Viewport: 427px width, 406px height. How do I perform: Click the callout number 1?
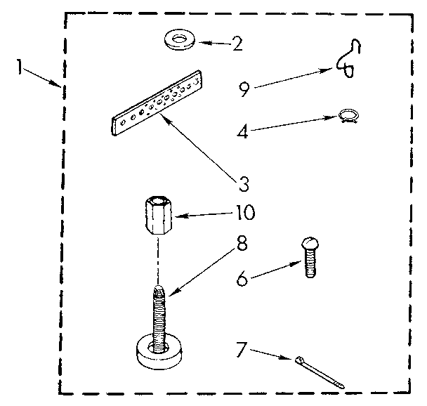pos(20,67)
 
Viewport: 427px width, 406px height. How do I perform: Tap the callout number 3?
pos(244,184)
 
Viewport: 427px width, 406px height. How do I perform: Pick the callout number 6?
pos(243,280)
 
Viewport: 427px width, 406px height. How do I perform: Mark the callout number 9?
pos(243,89)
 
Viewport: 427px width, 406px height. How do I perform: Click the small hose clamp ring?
pos(348,117)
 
